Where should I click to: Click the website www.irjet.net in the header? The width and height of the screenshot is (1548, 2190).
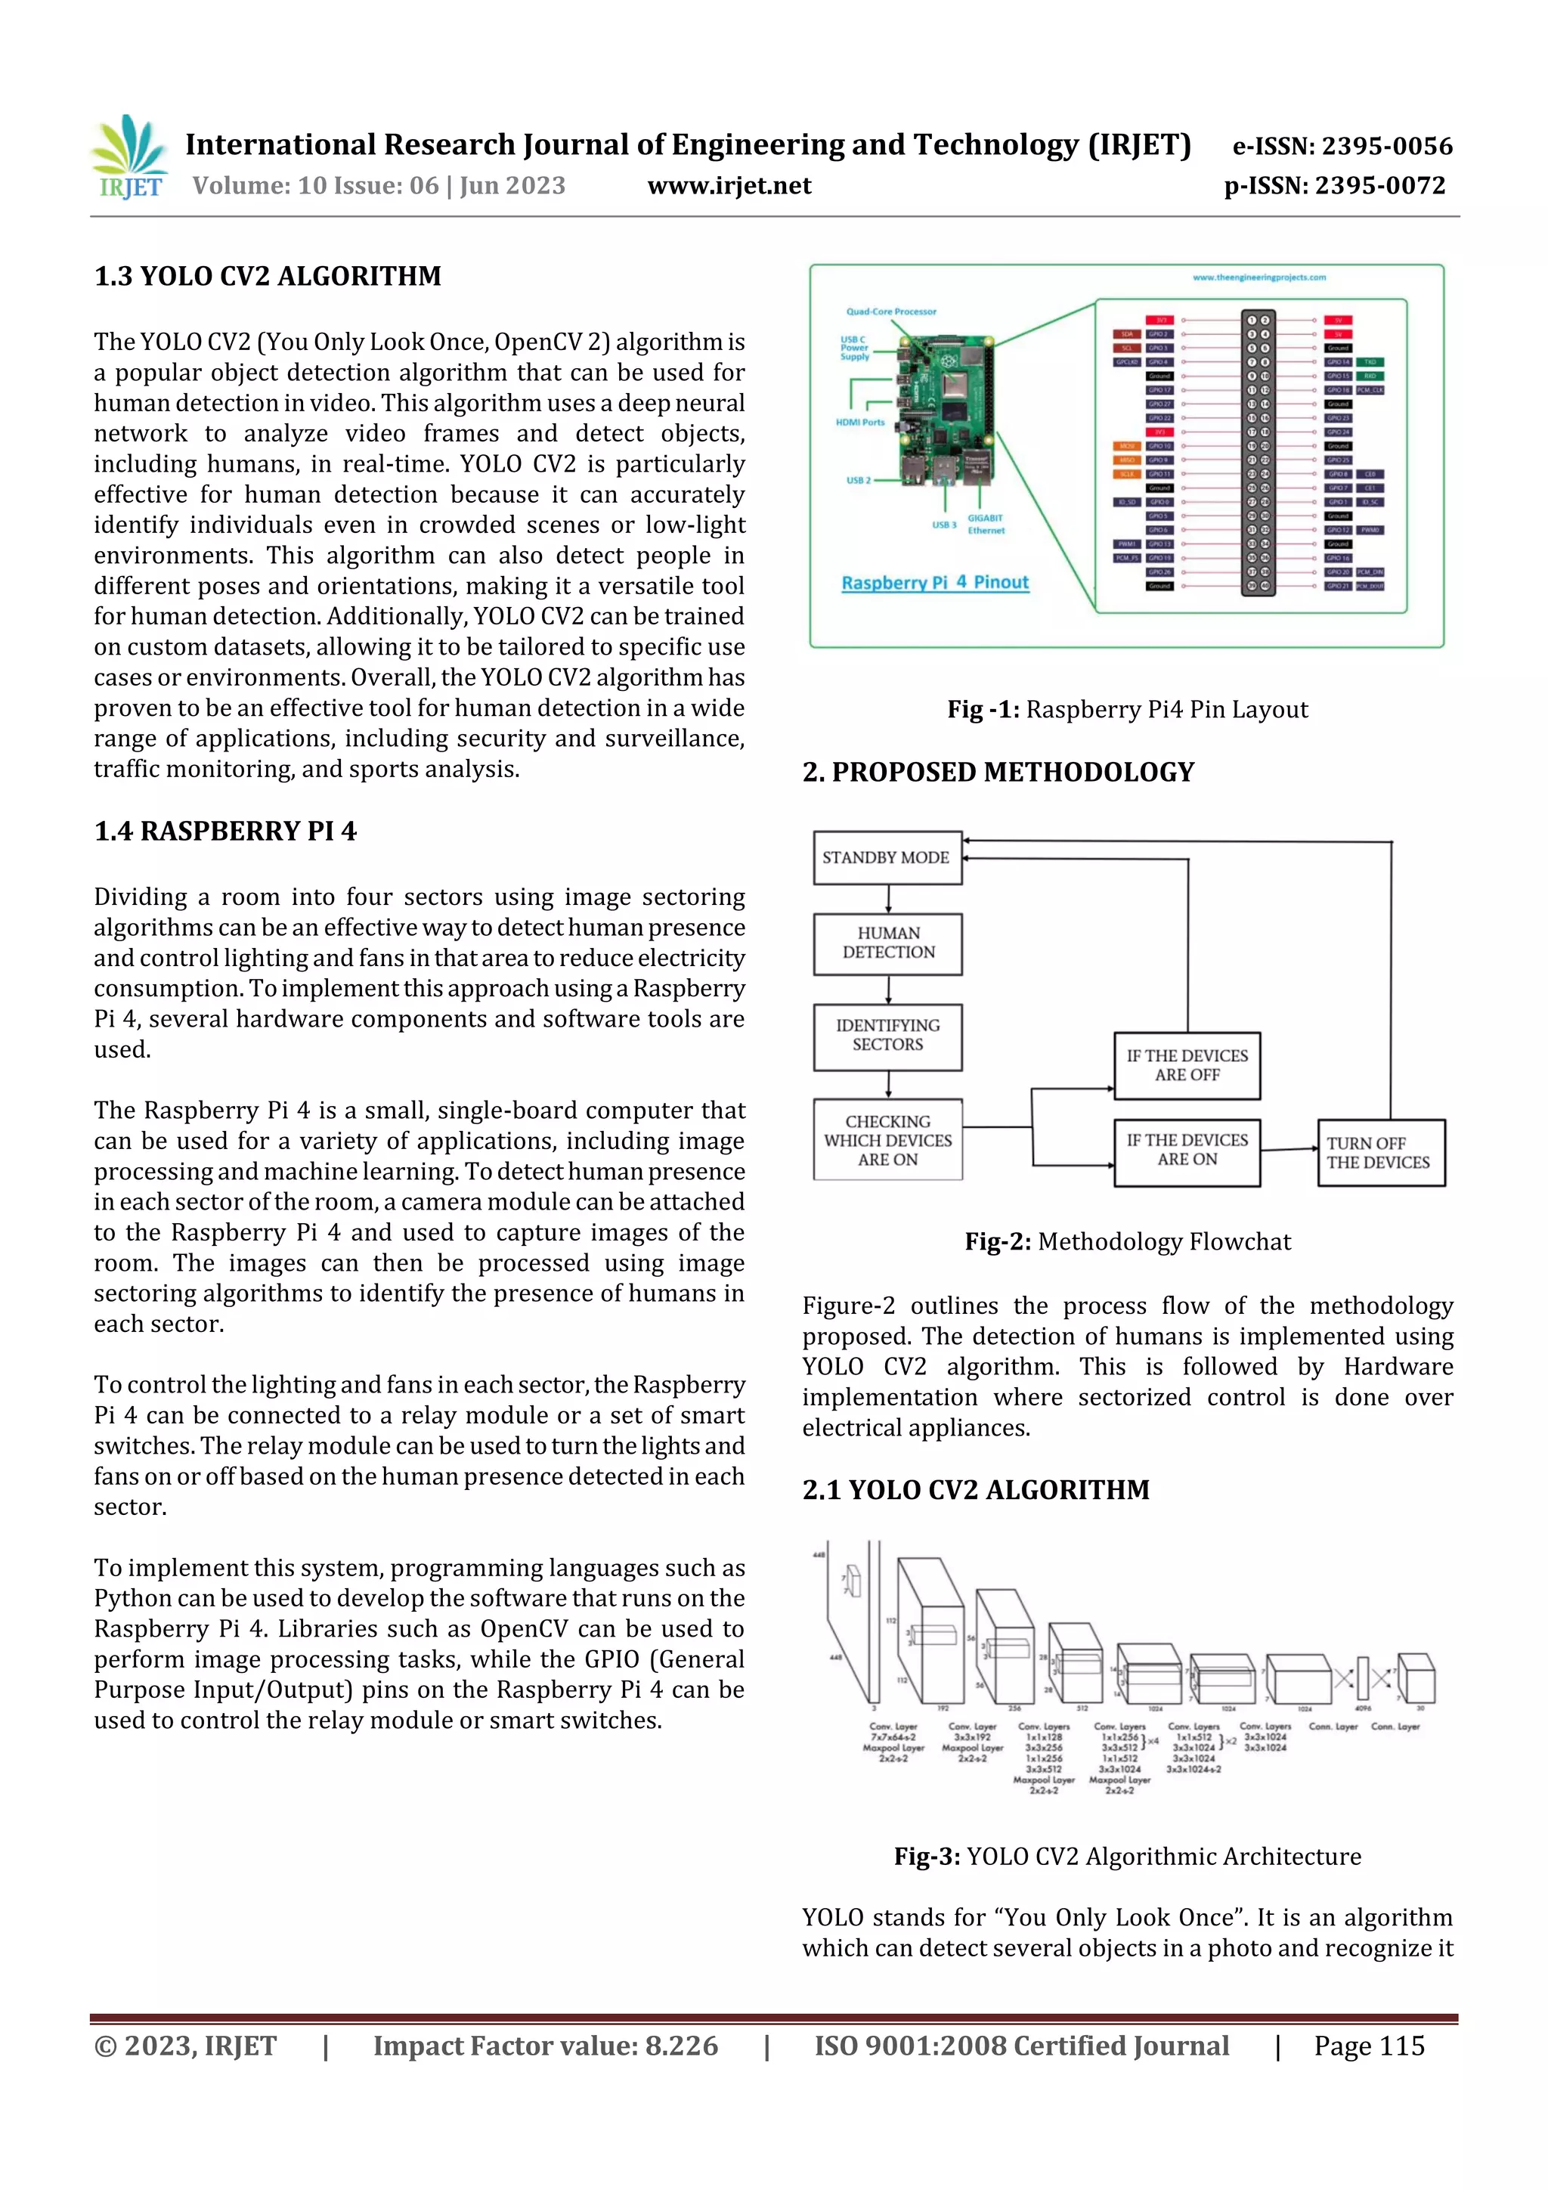(729, 186)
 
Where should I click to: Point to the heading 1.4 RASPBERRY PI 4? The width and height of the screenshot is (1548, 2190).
(225, 831)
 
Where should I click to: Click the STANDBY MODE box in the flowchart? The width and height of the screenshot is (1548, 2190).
(887, 857)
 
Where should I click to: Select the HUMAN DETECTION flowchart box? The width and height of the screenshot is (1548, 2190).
(888, 943)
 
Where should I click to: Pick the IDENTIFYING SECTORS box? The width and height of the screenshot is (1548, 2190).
(888, 1036)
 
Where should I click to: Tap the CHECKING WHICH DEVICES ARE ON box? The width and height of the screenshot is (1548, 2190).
(888, 1141)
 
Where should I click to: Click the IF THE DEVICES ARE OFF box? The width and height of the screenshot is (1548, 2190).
(1187, 1065)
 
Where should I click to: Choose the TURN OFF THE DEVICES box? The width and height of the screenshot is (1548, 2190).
(1379, 1153)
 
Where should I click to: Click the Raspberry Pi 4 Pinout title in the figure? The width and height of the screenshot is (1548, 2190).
(935, 583)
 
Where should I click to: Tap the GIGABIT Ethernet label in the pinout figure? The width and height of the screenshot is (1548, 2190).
(986, 525)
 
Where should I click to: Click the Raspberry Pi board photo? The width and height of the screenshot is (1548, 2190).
(944, 410)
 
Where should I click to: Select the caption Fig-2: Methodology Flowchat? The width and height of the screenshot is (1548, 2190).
(1128, 1242)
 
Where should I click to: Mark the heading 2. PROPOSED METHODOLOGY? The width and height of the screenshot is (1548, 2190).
(998, 773)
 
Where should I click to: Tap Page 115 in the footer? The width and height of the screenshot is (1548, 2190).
(1369, 2046)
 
